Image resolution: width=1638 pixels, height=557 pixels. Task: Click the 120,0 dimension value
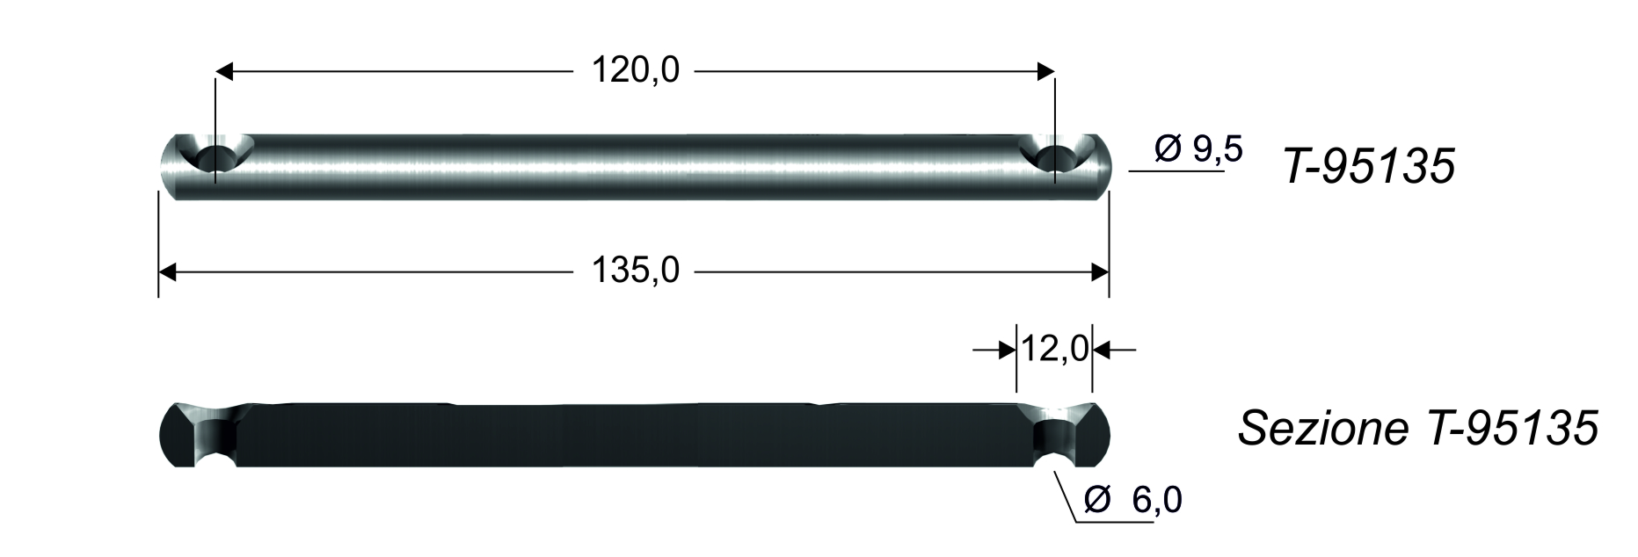coord(635,70)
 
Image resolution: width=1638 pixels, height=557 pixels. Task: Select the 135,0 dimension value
coord(635,271)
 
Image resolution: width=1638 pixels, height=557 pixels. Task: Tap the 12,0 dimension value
coord(1054,350)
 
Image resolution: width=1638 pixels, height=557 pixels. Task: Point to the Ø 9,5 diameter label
coord(1198,150)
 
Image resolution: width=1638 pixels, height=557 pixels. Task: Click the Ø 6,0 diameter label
coord(1133,500)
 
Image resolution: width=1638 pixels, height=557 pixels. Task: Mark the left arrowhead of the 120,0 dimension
coord(225,71)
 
